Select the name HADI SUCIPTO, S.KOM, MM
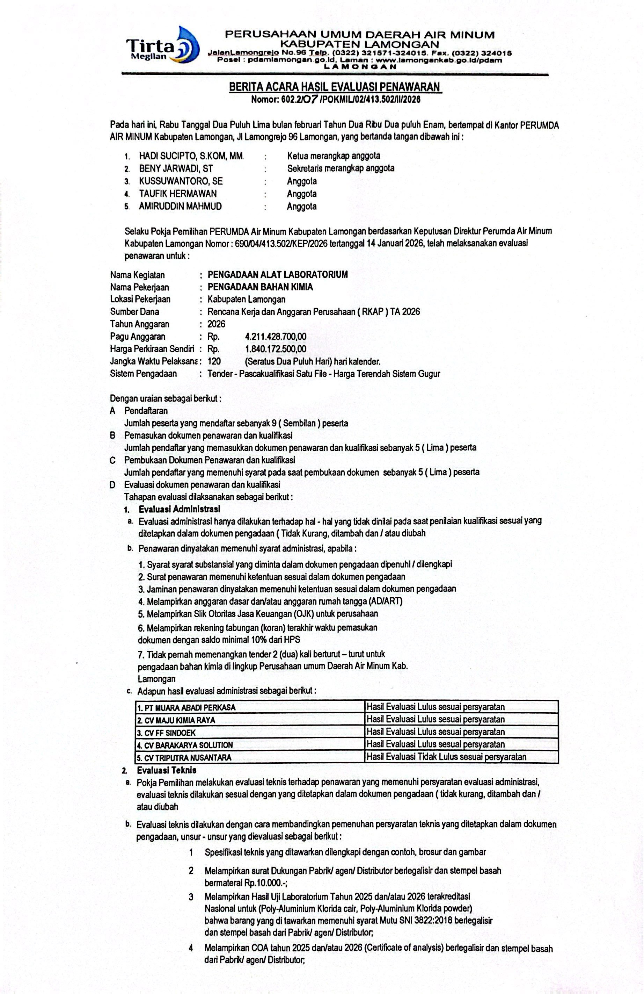click(x=191, y=156)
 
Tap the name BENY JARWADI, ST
click(x=176, y=169)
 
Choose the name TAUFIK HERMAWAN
click(x=178, y=194)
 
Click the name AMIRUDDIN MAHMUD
click(x=180, y=206)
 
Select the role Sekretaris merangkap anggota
click(x=341, y=169)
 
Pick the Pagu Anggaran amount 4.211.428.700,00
click(x=276, y=337)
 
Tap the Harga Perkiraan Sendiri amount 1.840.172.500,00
click(x=276, y=349)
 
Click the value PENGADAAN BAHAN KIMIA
click(x=260, y=287)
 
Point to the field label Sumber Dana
click(x=134, y=311)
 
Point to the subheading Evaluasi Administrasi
click(x=180, y=509)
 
